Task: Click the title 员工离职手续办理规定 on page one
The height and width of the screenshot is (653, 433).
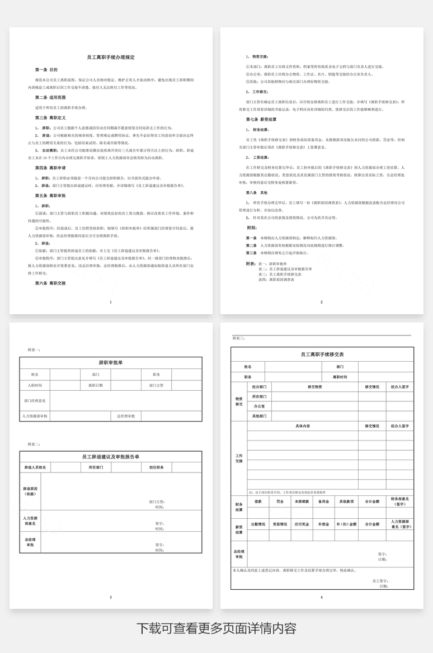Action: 111,58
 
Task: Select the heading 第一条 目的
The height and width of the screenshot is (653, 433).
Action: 46,70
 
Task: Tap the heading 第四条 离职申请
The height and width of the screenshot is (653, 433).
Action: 50,168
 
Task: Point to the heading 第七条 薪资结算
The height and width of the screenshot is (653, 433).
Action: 262,120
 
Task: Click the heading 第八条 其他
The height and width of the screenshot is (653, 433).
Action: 258,192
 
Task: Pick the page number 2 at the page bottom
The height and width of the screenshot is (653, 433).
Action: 322,302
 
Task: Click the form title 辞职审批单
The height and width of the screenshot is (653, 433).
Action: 111,363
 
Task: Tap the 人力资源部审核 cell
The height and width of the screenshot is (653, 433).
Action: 35,417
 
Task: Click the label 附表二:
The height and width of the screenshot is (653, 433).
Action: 34,444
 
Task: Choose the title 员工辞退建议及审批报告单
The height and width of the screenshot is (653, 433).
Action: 111,457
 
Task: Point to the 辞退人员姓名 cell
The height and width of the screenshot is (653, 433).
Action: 35,467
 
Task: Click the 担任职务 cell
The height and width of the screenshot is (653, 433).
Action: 156,467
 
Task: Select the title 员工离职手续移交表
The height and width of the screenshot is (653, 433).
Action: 322,354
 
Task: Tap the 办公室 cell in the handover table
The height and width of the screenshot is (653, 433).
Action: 259,406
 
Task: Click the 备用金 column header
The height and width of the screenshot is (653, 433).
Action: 323,501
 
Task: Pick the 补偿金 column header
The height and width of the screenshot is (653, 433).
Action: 323,524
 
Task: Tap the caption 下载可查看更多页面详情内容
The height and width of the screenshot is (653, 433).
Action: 216,628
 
